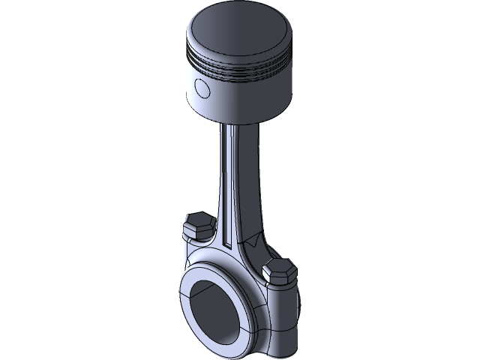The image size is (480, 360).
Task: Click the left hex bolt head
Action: (196, 225)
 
